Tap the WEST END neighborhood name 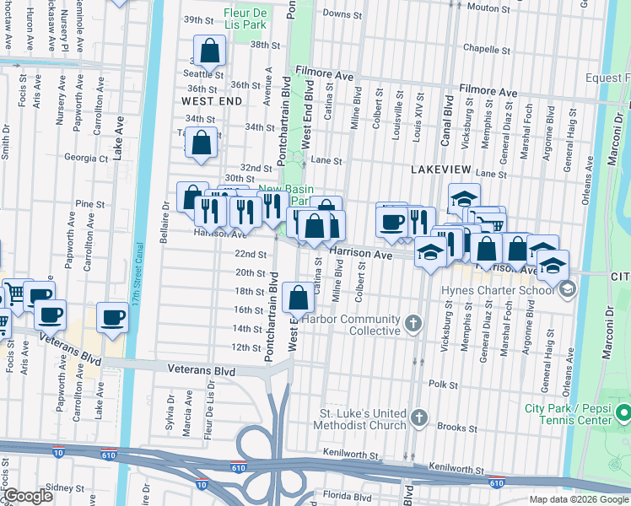tap(212, 101)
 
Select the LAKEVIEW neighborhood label tap(439, 170)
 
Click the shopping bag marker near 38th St tap(210, 51)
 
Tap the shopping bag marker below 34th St tap(202, 144)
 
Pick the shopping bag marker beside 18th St tap(299, 297)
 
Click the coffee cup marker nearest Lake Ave tap(112, 318)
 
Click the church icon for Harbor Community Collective tap(413, 322)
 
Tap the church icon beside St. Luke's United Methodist tap(419, 418)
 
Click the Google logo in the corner tap(27, 496)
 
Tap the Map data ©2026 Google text tap(578, 499)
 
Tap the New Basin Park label tap(281, 195)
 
